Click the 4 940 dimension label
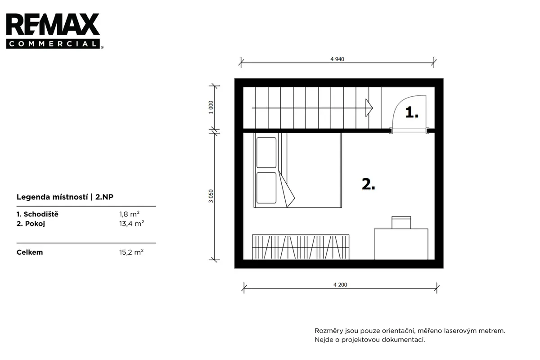tap(337, 59)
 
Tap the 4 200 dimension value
tap(340, 285)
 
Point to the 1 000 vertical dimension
tap(211, 107)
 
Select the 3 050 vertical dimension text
tap(211, 196)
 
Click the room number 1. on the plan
tap(412, 112)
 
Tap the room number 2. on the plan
tap(369, 184)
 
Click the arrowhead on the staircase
tap(369, 108)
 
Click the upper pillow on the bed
tap(266, 153)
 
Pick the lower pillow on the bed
tap(266, 188)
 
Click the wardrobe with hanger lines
tap(301, 247)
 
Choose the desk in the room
tap(401, 244)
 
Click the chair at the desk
tap(401, 222)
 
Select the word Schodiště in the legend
tap(41, 214)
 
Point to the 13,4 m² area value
tap(131, 224)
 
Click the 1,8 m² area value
tap(129, 214)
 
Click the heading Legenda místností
tap(52, 197)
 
